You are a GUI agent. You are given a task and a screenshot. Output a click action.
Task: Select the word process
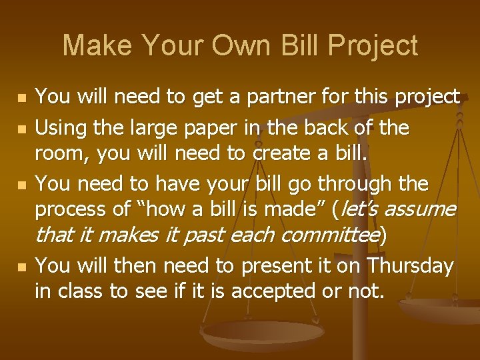pos(73,210)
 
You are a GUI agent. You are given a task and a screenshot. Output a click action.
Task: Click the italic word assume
pos(421,210)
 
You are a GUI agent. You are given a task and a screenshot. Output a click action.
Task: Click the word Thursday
pos(411,266)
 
